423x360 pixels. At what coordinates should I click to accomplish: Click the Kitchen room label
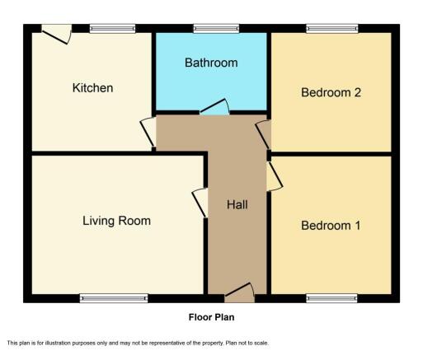pyautogui.click(x=92, y=88)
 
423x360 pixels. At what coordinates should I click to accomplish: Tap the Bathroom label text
pyautogui.click(x=211, y=63)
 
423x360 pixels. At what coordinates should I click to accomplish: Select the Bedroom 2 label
pyautogui.click(x=331, y=92)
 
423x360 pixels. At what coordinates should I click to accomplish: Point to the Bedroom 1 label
pyautogui.click(x=331, y=226)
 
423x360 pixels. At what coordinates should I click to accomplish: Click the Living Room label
pyautogui.click(x=116, y=221)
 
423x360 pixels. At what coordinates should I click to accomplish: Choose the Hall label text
pyautogui.click(x=237, y=204)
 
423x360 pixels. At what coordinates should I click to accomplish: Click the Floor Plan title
pyautogui.click(x=211, y=317)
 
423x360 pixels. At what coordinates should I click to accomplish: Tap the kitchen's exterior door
pyautogui.click(x=57, y=34)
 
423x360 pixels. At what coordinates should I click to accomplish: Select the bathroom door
pyautogui.click(x=214, y=106)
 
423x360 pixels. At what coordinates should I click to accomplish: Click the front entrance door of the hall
pyautogui.click(x=240, y=292)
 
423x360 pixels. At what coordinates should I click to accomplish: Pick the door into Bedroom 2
pyautogui.click(x=264, y=134)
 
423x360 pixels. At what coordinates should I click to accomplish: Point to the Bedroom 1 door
pyautogui.click(x=275, y=176)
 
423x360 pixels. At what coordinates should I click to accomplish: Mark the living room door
pyautogui.click(x=200, y=203)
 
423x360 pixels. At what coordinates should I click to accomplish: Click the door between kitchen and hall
pyautogui.click(x=148, y=132)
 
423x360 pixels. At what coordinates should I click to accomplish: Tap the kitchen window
pyautogui.click(x=112, y=29)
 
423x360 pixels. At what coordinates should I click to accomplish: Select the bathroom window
pyautogui.click(x=216, y=29)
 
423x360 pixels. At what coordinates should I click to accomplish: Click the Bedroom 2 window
pyautogui.click(x=332, y=29)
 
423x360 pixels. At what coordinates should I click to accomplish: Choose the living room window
pyautogui.click(x=114, y=298)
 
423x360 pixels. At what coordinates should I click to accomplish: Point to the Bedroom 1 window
pyautogui.click(x=331, y=298)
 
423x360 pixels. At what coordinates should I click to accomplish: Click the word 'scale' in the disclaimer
pyautogui.click(x=263, y=343)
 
